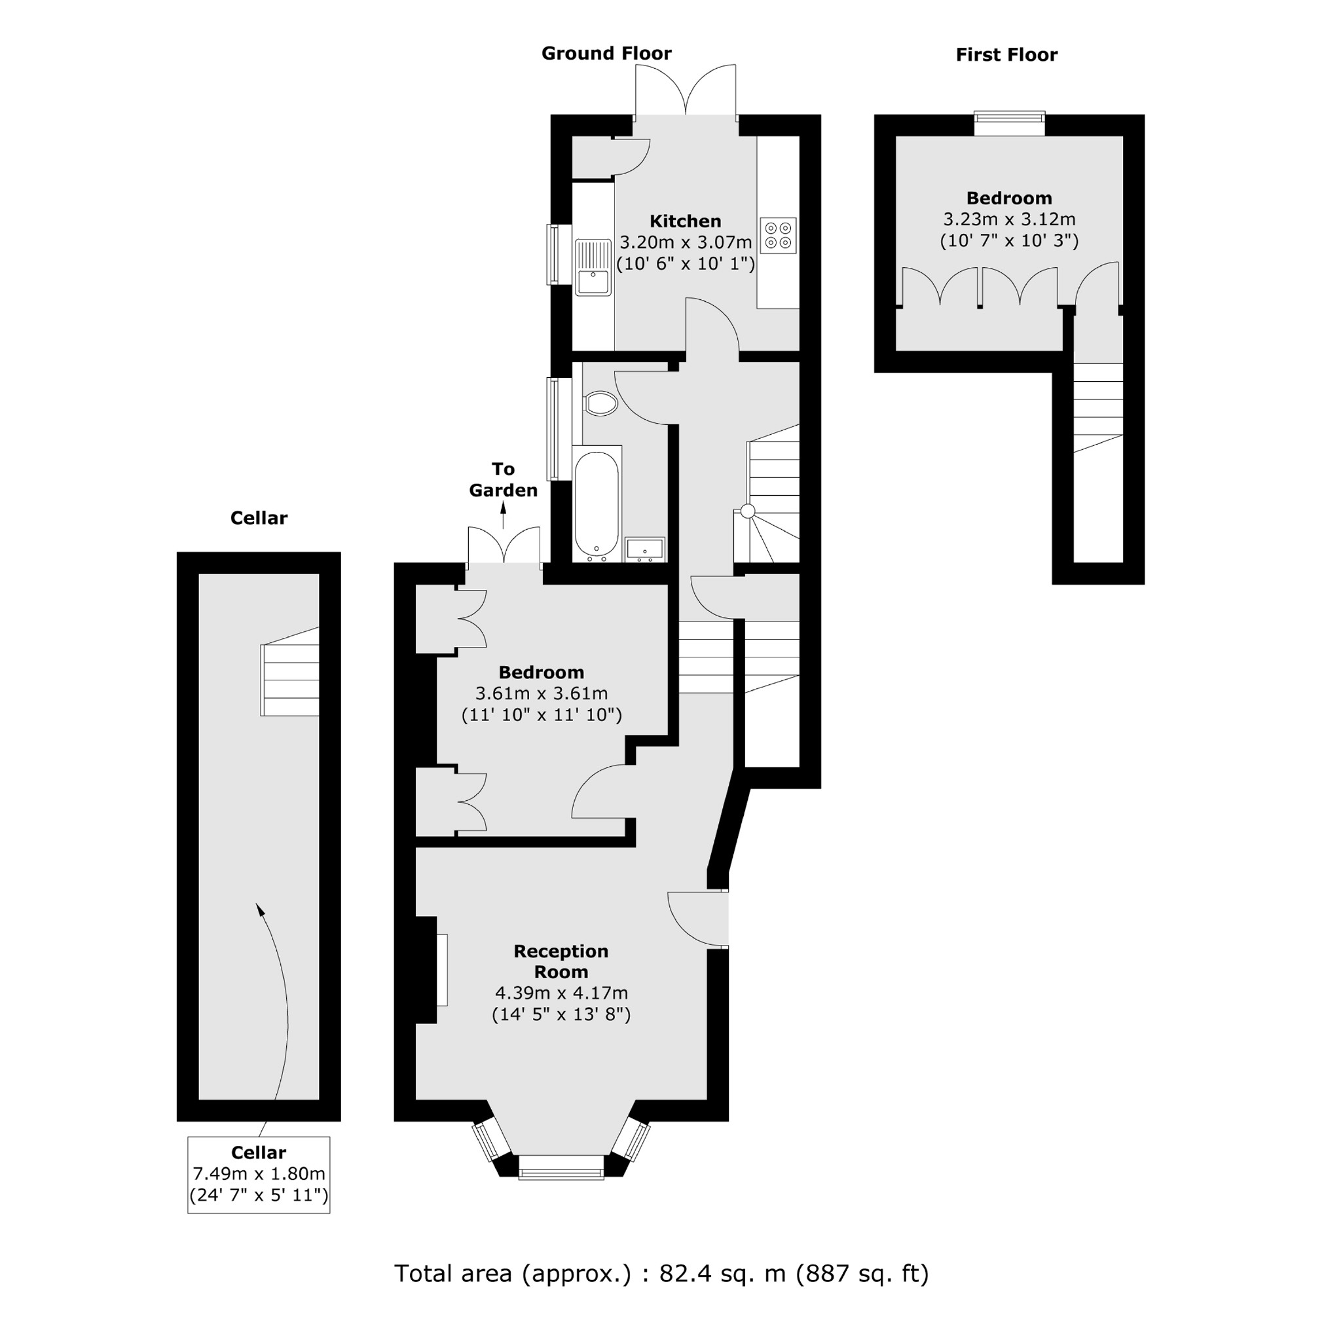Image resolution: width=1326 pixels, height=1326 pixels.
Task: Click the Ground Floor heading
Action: coord(606,54)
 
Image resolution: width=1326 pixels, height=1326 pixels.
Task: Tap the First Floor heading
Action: coord(1006,55)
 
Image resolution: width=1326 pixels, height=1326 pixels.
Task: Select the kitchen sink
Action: coord(593,267)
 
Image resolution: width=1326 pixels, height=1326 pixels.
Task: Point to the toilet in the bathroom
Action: coord(601,403)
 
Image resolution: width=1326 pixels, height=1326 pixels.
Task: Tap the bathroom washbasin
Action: coord(644,549)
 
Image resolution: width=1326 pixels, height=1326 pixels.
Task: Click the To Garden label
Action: coord(503,480)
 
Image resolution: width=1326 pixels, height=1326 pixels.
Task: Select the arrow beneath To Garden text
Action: coord(503,515)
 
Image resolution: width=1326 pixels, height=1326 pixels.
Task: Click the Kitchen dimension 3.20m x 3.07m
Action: coord(685,242)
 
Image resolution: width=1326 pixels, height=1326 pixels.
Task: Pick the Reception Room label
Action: coord(561,961)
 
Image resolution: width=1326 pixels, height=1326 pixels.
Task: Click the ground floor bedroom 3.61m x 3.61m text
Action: coord(542,693)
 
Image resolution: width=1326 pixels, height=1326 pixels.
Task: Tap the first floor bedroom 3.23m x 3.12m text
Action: coord(1008,219)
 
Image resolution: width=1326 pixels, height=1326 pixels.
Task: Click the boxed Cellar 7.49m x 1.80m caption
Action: coord(259,1174)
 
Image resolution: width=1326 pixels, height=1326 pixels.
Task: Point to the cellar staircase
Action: coord(290,680)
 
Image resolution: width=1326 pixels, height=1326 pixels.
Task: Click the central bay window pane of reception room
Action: coord(561,1167)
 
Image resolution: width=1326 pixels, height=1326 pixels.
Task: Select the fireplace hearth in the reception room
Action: coord(442,970)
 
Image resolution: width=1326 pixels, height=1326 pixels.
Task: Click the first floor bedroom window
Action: coord(1010,124)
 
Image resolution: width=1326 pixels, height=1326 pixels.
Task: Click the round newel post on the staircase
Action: coord(748,511)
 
